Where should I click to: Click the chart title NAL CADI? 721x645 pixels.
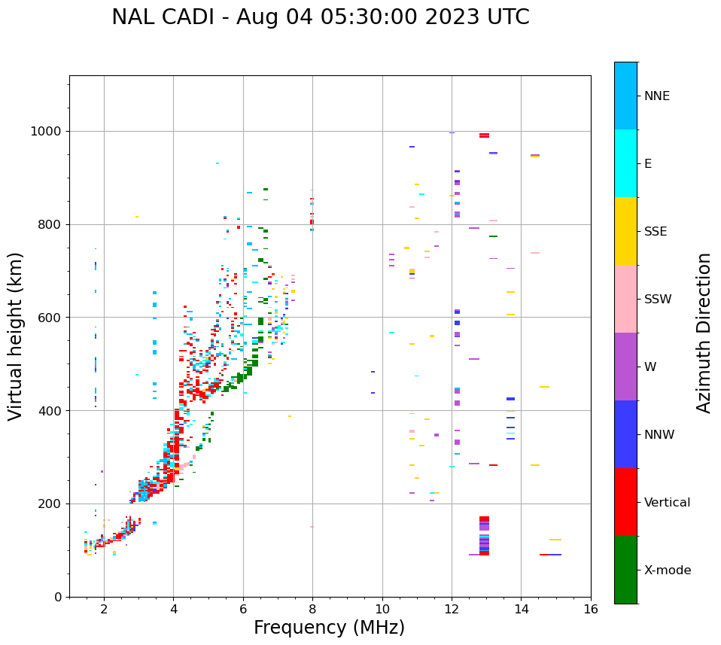pyautogui.click(x=320, y=17)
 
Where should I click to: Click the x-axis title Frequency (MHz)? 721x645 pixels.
pyautogui.click(x=329, y=628)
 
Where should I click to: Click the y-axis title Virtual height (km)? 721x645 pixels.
pyautogui.click(x=16, y=336)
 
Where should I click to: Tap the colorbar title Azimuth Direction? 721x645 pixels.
pyautogui.click(x=704, y=333)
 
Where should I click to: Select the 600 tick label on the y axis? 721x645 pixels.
pyautogui.click(x=49, y=318)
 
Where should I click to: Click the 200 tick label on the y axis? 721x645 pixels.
pyautogui.click(x=49, y=504)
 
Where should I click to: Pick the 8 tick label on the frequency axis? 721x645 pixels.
pyautogui.click(x=312, y=609)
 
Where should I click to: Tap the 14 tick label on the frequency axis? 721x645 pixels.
pyautogui.click(x=521, y=609)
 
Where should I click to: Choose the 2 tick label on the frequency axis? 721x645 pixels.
pyautogui.click(x=104, y=609)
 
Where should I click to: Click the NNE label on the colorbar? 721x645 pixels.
pyautogui.click(x=656, y=96)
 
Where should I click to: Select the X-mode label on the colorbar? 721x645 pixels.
pyautogui.click(x=667, y=570)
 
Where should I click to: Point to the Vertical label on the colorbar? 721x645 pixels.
pyautogui.click(x=667, y=503)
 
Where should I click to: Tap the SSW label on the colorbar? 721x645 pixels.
pyautogui.click(x=658, y=300)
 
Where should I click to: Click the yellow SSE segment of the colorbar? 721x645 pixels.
pyautogui.click(x=625, y=231)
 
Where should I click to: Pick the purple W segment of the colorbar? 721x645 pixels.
pyautogui.click(x=625, y=367)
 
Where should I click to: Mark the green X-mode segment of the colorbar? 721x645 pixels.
pyautogui.click(x=625, y=570)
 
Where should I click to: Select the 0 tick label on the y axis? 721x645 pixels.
pyautogui.click(x=57, y=597)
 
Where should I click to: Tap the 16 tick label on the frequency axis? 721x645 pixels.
pyautogui.click(x=591, y=609)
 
